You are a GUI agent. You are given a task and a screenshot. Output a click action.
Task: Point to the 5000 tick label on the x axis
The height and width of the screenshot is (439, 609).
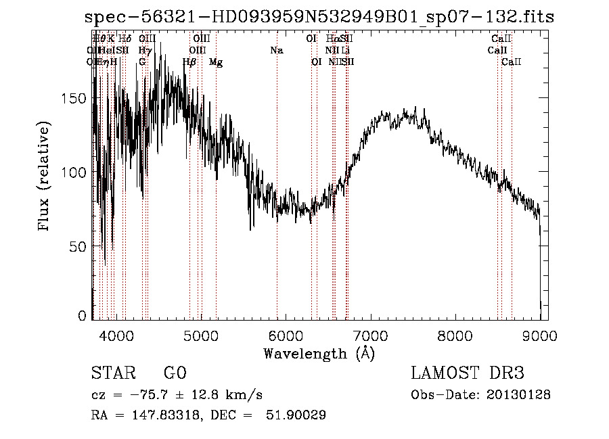[200, 335]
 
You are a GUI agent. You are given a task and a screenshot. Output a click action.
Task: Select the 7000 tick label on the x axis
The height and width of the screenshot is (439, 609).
[370, 335]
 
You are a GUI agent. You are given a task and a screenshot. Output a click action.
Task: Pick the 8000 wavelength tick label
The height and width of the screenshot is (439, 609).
[455, 335]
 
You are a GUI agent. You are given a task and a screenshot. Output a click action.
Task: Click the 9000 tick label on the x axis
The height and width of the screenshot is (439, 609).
[540, 335]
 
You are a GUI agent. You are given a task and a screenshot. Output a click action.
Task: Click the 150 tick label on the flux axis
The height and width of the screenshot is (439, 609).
[76, 98]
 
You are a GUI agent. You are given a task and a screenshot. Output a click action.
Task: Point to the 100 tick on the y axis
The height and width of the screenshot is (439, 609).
[76, 172]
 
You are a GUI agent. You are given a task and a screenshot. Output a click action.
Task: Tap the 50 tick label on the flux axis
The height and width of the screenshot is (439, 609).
[80, 246]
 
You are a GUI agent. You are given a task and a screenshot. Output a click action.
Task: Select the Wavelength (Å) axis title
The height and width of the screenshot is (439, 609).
[319, 353]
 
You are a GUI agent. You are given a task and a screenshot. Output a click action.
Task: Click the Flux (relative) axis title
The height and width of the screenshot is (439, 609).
[45, 177]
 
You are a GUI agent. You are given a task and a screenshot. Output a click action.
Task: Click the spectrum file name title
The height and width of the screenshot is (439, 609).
[319, 18]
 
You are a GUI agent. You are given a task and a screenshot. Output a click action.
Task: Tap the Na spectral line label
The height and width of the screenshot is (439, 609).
[276, 51]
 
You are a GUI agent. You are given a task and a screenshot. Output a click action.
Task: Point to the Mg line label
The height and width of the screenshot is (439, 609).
[216, 62]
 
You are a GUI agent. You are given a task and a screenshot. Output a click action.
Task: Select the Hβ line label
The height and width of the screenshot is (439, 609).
[190, 62]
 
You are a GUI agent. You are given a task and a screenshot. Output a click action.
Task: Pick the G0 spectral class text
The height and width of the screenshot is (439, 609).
[175, 373]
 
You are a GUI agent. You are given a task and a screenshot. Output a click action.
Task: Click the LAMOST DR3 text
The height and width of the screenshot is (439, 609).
[468, 373]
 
